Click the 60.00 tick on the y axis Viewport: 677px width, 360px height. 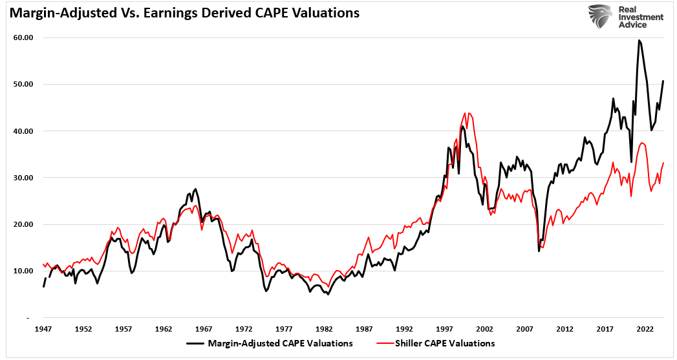(x=23, y=37)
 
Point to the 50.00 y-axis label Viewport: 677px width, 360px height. (x=23, y=84)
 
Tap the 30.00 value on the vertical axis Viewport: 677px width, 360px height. (x=23, y=178)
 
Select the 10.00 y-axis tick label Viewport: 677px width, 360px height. (x=23, y=271)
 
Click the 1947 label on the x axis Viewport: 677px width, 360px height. (x=43, y=328)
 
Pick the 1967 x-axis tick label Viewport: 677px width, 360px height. (x=204, y=328)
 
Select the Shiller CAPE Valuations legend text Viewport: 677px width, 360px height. (x=445, y=344)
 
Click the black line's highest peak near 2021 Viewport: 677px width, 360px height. (x=639, y=40)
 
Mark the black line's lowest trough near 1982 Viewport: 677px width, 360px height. (x=328, y=294)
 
